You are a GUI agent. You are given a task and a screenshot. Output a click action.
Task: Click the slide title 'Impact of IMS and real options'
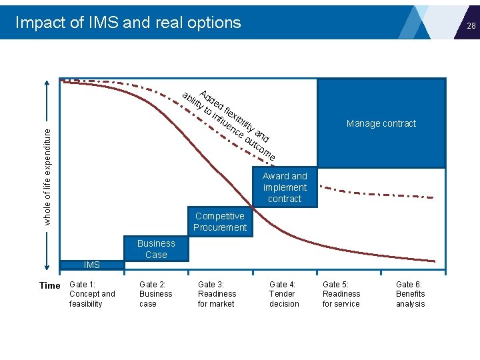128,22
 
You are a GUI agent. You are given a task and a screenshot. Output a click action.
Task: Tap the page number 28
471,26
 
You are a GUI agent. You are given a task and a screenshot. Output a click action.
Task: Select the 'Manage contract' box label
381,123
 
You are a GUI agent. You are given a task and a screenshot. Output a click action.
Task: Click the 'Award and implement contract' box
285,187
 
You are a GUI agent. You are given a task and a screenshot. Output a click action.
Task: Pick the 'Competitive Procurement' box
219,222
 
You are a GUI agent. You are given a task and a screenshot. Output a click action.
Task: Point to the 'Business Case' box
156,249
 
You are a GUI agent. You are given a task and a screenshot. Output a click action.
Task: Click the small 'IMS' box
92,265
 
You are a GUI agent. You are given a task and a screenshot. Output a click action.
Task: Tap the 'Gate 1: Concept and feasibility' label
92,294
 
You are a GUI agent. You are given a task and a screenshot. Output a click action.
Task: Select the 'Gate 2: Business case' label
155,294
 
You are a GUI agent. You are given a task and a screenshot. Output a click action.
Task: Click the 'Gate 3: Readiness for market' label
217,294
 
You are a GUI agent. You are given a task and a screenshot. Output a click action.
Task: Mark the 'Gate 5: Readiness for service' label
341,294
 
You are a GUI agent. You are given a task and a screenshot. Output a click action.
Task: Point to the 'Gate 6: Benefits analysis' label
410,294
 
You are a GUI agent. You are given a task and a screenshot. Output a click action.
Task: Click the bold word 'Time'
50,285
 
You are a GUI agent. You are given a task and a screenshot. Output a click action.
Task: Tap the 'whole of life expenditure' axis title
47,177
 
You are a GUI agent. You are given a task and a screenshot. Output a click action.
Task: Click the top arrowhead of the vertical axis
47,83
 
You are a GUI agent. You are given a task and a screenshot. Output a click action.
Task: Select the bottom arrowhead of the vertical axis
47,268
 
